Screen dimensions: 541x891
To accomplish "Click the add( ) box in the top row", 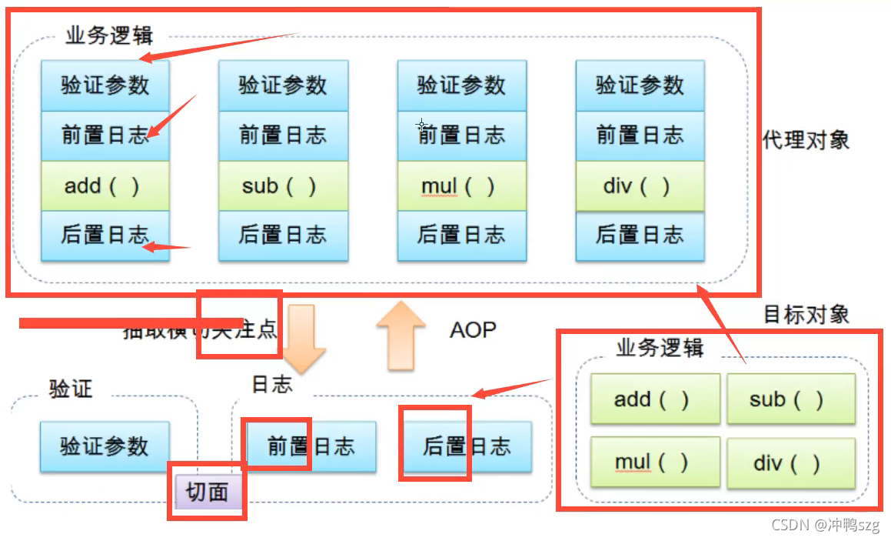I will (105, 185).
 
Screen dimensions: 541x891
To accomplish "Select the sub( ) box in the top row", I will (283, 185).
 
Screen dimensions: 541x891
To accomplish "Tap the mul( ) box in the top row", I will (461, 185).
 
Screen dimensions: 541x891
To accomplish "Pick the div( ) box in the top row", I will (640, 185).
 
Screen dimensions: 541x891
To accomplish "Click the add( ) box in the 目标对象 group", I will (654, 399).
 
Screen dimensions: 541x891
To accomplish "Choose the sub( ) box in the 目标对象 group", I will (790, 399).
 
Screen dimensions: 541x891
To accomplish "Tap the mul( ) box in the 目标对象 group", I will (654, 462).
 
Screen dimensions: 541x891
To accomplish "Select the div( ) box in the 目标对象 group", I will (790, 462).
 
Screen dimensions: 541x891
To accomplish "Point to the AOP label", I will (473, 330).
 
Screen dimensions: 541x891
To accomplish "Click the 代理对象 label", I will (806, 140).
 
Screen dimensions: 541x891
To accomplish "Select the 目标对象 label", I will (806, 314).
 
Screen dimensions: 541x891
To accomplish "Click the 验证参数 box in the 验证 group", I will (105, 446).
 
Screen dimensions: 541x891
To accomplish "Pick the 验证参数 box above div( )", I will (640, 85).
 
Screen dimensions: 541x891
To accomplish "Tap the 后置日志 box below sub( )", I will (283, 235).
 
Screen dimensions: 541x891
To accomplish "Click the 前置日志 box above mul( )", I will (461, 135).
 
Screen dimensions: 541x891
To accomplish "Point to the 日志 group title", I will (272, 383).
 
